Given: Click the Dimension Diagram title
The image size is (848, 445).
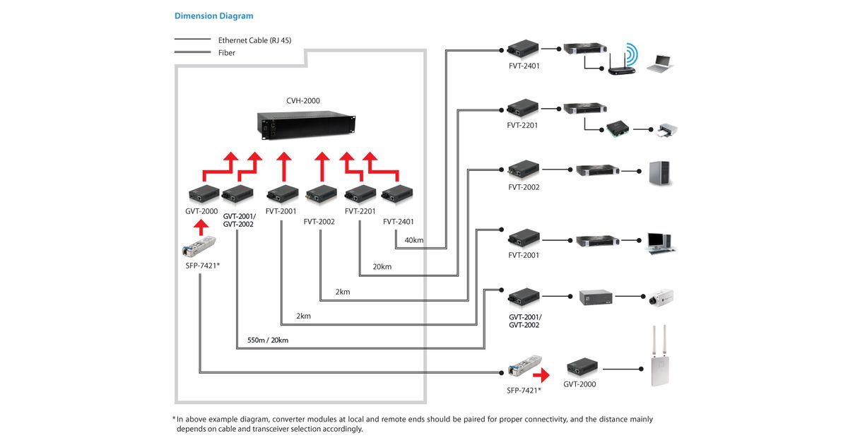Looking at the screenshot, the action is point(214,16).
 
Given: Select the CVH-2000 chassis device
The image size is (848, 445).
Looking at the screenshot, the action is point(306,126).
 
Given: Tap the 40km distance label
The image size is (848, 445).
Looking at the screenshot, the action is point(414,240).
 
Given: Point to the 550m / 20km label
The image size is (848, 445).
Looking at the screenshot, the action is point(268,340).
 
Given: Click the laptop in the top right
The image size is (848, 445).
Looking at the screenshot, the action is point(660,64).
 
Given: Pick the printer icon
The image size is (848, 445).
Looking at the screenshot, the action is point(667,130).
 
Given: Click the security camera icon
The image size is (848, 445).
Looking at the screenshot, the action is point(661,298).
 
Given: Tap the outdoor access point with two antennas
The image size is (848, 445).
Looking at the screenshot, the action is point(660,356).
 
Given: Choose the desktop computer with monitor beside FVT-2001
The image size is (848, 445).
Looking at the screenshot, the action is point(660,243).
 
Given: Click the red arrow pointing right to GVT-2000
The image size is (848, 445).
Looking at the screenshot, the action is point(541,375).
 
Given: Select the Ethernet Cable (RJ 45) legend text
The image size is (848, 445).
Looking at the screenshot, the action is point(255,40).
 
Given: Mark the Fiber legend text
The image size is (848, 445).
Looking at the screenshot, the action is point(226,53).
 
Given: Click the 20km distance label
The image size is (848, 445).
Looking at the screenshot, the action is point(382,267).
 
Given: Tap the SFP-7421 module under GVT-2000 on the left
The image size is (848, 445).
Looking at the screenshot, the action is point(199,247).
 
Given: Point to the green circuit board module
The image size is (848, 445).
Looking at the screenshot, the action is point(618,129).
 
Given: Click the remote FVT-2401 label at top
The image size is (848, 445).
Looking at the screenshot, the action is point(524,66).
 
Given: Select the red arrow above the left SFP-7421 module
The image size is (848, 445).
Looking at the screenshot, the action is point(201,227).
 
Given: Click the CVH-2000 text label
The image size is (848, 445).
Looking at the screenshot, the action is point(303,100).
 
